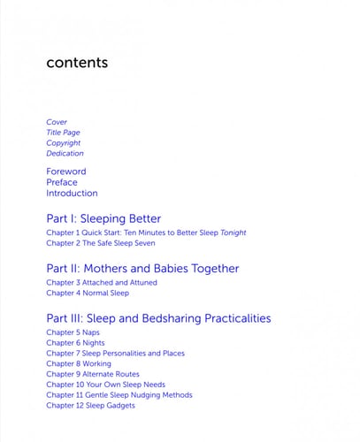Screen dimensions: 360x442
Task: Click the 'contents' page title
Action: click(77, 63)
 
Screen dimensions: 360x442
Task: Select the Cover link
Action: click(57, 122)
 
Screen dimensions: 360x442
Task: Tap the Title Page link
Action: click(63, 133)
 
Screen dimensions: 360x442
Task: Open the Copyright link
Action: click(64, 143)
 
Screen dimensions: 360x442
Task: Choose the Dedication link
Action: click(65, 154)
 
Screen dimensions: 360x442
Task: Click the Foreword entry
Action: click(66, 171)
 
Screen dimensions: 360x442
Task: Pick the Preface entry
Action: click(62, 182)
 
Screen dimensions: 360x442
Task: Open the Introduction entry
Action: click(72, 193)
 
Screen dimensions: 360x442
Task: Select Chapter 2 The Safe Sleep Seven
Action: click(101, 243)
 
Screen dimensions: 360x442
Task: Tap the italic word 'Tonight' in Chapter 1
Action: click(233, 232)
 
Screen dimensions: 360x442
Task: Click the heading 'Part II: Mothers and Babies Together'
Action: click(142, 268)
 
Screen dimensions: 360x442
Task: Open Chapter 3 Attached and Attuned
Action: click(103, 283)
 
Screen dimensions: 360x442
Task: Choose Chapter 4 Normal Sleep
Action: click(88, 293)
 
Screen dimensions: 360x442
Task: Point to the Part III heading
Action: click(158, 318)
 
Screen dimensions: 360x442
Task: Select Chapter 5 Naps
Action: click(73, 333)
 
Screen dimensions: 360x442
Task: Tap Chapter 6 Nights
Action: click(75, 343)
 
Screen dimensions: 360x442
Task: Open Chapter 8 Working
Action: click(79, 363)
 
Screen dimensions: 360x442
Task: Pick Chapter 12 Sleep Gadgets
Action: click(91, 405)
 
